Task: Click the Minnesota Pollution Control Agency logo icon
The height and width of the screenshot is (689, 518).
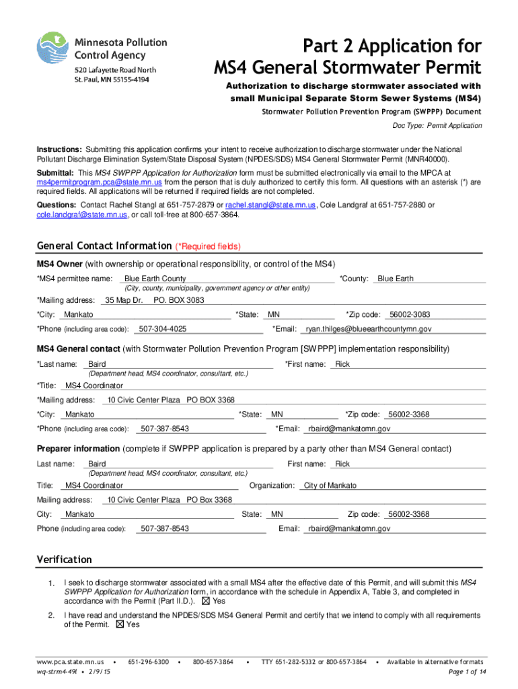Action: (x=51, y=50)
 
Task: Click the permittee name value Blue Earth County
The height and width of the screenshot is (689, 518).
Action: (x=155, y=279)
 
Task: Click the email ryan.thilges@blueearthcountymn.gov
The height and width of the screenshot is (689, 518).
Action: (x=369, y=329)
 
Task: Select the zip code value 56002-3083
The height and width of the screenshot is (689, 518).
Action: (x=410, y=314)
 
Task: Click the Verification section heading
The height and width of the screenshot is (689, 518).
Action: (x=64, y=559)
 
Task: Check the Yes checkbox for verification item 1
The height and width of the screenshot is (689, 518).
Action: (x=206, y=601)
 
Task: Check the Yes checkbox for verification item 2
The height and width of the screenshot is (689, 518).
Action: (x=120, y=624)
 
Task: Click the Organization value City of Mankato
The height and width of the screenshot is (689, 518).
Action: (x=330, y=485)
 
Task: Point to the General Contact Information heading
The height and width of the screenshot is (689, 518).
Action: (x=104, y=246)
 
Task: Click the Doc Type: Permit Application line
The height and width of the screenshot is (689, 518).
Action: (x=437, y=126)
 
